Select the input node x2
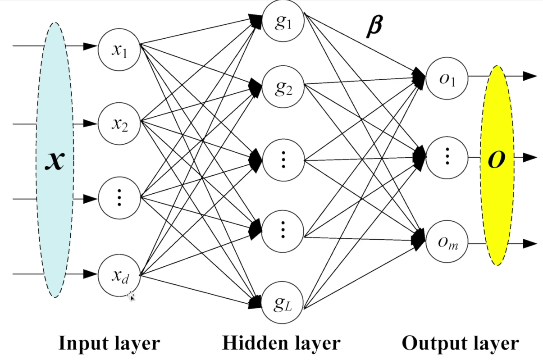pos(119,123)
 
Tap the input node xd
pos(119,275)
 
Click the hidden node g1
pos(283,23)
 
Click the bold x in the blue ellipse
pos(55,161)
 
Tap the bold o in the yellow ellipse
pos(496,160)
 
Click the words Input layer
pos(109,343)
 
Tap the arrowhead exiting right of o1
pos(530,76)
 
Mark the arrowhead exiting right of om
pos(530,244)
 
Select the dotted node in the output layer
pos(447,157)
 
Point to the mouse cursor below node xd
pos(131,296)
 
